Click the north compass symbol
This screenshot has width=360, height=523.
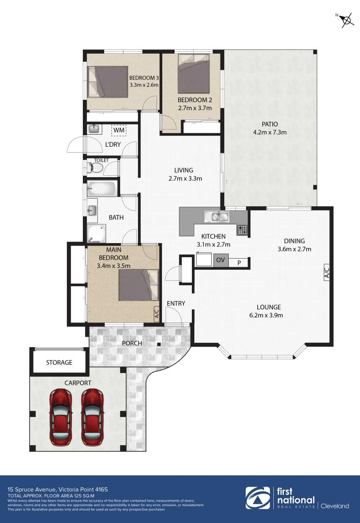click(345, 20)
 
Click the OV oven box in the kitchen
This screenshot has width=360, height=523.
click(220, 261)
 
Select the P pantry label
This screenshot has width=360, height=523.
click(238, 262)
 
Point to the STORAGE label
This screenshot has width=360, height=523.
click(59, 362)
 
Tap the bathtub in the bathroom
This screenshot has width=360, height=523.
click(102, 188)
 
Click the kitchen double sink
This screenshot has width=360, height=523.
click(216, 216)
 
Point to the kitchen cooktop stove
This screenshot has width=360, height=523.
click(242, 230)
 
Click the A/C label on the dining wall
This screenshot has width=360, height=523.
click(327, 273)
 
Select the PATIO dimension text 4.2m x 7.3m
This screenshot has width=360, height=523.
click(270, 132)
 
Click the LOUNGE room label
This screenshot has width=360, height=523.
click(268, 307)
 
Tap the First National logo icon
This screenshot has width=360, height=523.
click(258, 498)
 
